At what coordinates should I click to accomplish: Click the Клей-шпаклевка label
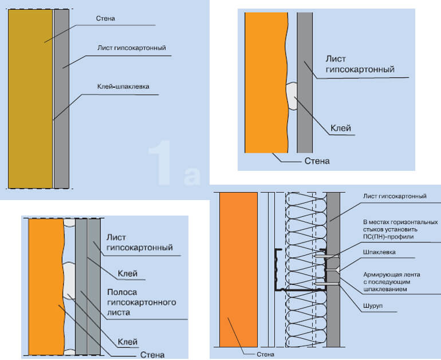(123, 88)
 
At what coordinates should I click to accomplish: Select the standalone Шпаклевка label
(379, 252)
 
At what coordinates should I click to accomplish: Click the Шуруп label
(373, 305)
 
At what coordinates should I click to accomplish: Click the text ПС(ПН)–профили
(387, 236)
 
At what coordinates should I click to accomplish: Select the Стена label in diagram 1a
(105, 18)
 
